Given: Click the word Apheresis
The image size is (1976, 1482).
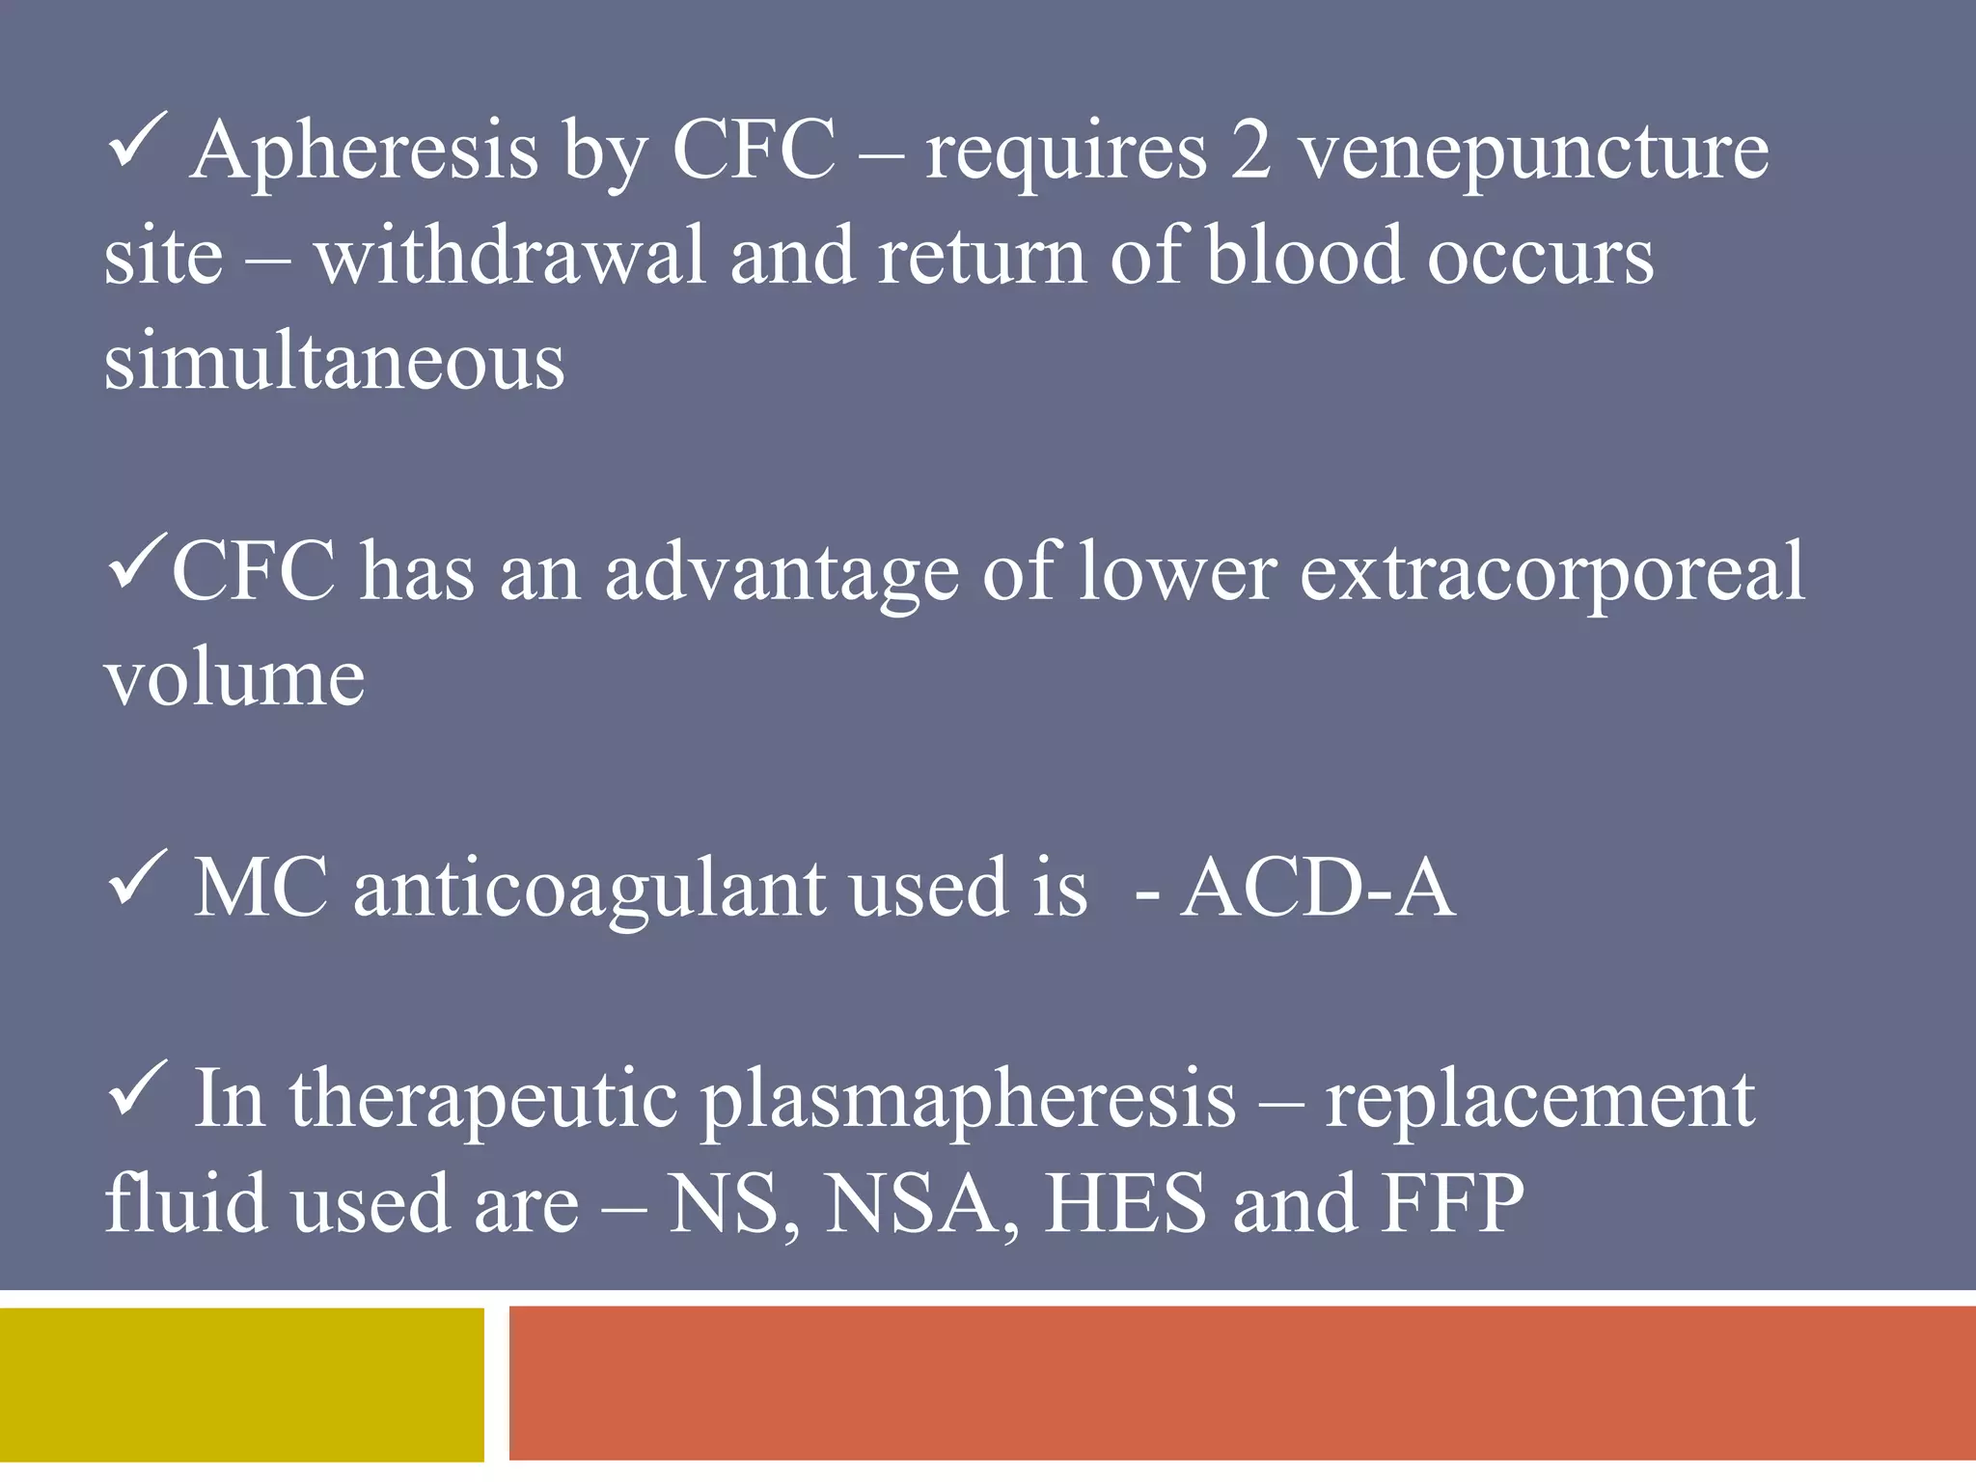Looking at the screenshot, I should click(364, 151).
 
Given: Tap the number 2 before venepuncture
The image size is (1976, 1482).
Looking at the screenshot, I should click(1250, 151).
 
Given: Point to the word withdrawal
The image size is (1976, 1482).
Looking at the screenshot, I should click(510, 257).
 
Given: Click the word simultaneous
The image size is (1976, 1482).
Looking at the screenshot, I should click(334, 362).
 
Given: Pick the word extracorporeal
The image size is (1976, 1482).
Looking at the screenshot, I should click(1551, 572).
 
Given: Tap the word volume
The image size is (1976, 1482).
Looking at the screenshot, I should click(234, 677).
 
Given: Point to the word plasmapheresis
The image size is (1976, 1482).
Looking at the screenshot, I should click(968, 1100).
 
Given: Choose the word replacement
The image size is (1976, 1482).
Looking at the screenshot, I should click(1540, 1100).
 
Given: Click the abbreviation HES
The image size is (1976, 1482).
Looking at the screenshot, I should click(1126, 1203).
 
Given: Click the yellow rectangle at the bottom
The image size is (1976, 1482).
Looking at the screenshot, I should click(241, 1385).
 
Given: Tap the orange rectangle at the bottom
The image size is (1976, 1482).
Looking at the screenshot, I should click(1242, 1385).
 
